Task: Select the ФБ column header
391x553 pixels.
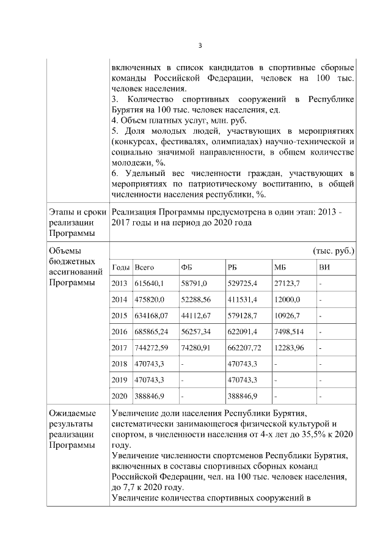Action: [186, 268]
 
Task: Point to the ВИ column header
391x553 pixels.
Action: [324, 268]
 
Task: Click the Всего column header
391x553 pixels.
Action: [144, 268]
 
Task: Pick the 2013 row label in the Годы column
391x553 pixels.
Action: [120, 284]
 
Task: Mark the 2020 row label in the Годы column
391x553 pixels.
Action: [120, 396]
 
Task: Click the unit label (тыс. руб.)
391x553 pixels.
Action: [333, 251]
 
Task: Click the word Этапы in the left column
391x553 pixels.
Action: [62, 212]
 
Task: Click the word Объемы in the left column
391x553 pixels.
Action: [65, 251]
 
